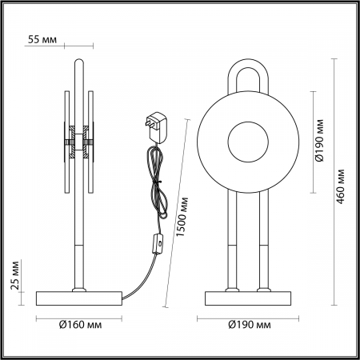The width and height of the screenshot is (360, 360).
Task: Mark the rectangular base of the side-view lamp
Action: (79, 299)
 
